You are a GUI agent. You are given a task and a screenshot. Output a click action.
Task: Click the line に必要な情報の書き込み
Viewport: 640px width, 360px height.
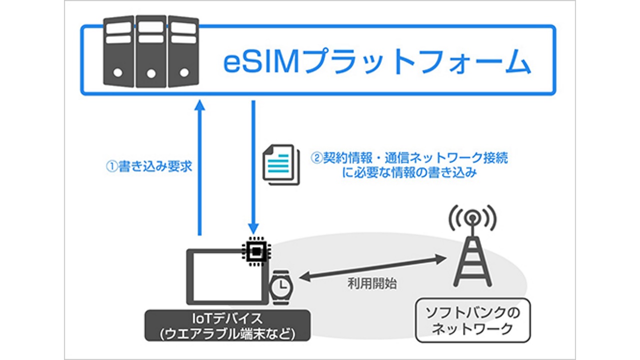pyautogui.click(x=409, y=174)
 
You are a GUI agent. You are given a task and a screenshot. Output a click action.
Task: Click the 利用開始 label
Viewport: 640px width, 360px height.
pyautogui.click(x=372, y=284)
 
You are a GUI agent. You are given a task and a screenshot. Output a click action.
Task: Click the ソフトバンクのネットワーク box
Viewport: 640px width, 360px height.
pyautogui.click(x=472, y=321)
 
